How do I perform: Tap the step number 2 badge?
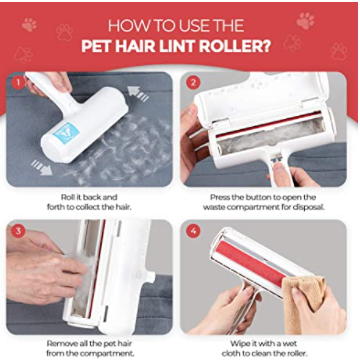point(193,82)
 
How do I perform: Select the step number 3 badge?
point(18,231)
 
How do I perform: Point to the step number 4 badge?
point(193,231)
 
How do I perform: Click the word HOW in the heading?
point(126,26)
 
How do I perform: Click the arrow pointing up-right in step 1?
point(138,93)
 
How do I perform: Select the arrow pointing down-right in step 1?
point(41,167)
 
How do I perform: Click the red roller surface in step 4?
point(254,261)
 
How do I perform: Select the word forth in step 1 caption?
point(56,207)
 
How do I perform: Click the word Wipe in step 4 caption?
point(239,344)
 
